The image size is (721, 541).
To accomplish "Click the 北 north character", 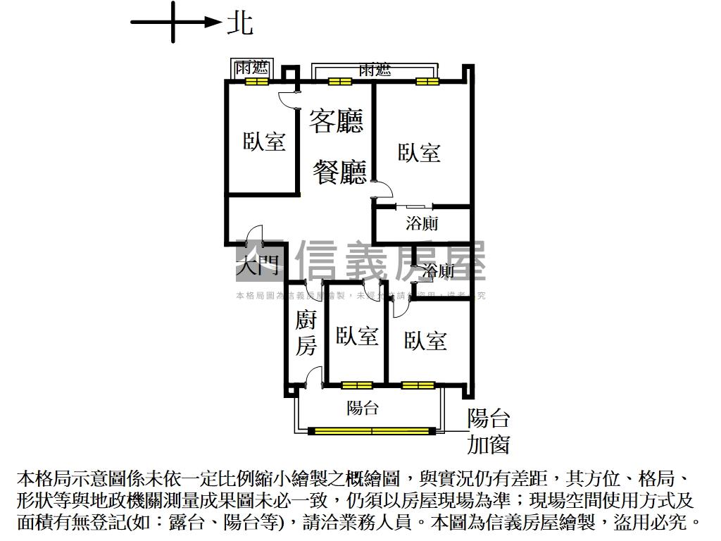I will point(239,23).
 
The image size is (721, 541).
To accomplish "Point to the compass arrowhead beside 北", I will point(213,23).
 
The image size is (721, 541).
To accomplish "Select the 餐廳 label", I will point(339,171).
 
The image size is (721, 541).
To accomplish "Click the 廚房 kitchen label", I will point(306,334).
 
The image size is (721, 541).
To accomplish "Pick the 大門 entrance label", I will point(258,266).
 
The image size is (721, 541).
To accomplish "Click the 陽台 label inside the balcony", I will point(363,407).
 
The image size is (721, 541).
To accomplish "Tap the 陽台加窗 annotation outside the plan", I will point(488,432).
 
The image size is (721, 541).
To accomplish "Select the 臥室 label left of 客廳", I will point(264,141).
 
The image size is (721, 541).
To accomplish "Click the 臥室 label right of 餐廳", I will point(419,152).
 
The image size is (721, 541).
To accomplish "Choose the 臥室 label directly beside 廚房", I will point(356,336).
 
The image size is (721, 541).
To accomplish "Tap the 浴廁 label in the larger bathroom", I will point(422,223).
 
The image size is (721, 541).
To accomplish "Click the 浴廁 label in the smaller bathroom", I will point(437,270).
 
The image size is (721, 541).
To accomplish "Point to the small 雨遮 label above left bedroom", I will point(251,68).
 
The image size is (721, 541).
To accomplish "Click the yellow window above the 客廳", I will point(339,81).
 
